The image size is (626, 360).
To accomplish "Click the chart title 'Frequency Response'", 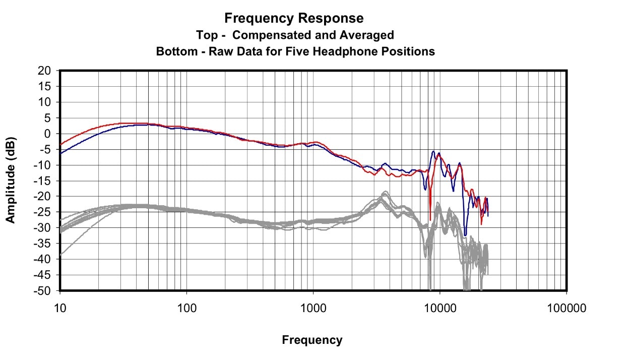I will [x=294, y=19].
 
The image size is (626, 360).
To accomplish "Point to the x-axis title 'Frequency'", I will [x=312, y=340].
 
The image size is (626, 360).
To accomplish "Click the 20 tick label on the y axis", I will [x=44, y=71].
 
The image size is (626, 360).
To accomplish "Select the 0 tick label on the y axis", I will [x=48, y=134].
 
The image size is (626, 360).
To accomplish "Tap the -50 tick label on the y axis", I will [x=43, y=291].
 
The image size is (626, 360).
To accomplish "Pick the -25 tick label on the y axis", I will [x=43, y=212].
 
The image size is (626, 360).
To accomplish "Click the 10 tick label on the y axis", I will [x=44, y=102].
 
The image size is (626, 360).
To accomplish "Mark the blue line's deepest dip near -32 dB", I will [x=465, y=235].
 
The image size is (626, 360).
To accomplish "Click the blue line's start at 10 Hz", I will [x=60, y=152].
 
